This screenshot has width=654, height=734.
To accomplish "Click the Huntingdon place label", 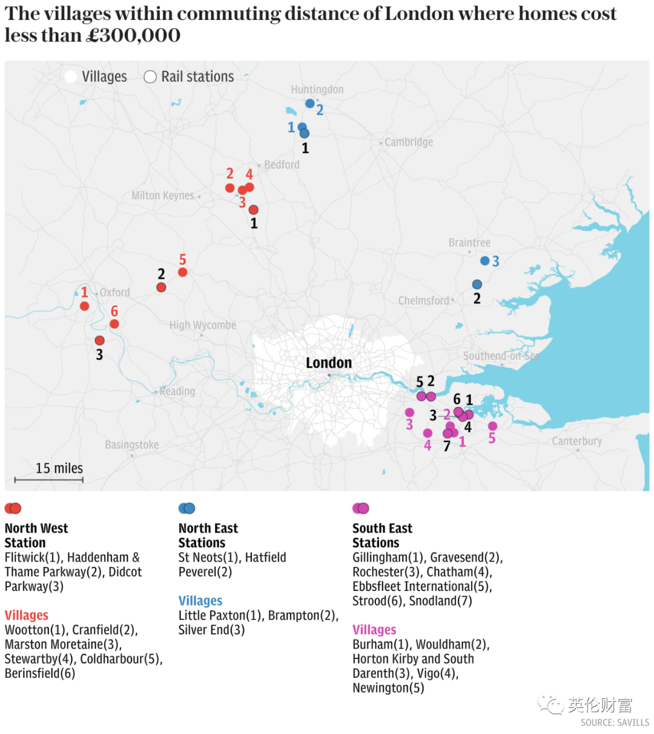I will (317, 90).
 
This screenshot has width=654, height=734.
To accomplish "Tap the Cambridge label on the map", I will (409, 142).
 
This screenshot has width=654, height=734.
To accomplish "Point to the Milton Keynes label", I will (163, 196).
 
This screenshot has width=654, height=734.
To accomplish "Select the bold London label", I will (328, 363).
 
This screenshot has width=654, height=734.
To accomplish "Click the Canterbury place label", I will (576, 441).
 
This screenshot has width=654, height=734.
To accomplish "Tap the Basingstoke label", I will (131, 445).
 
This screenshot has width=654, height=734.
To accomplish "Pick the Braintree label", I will (469, 243).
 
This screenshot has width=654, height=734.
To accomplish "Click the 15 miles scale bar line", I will (48, 480).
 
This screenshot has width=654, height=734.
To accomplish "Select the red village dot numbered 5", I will (182, 273).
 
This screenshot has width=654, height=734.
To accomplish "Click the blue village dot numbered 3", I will (484, 261).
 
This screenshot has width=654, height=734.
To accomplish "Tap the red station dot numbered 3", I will (99, 341).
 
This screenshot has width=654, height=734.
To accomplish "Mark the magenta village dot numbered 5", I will (492, 426).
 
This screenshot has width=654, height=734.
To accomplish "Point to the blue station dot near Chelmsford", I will (477, 285).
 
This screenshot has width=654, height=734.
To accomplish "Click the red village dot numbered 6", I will (114, 324).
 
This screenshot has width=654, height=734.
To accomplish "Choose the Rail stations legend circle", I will (150, 77).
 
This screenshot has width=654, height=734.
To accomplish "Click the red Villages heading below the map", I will (27, 615).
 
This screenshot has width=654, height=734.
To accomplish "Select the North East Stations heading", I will (208, 535).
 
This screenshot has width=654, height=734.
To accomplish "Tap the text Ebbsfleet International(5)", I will (422, 586).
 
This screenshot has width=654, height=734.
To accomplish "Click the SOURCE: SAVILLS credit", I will (615, 722).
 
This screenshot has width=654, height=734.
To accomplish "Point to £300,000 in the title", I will (133, 36).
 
